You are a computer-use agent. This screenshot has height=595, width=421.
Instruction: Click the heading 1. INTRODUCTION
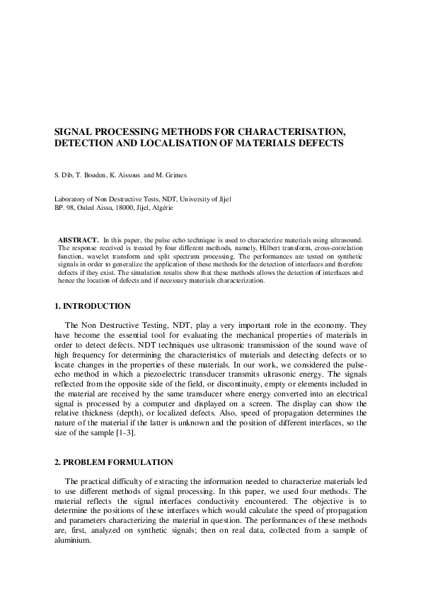(92, 306)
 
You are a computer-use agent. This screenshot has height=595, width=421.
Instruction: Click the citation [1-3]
(125, 432)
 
